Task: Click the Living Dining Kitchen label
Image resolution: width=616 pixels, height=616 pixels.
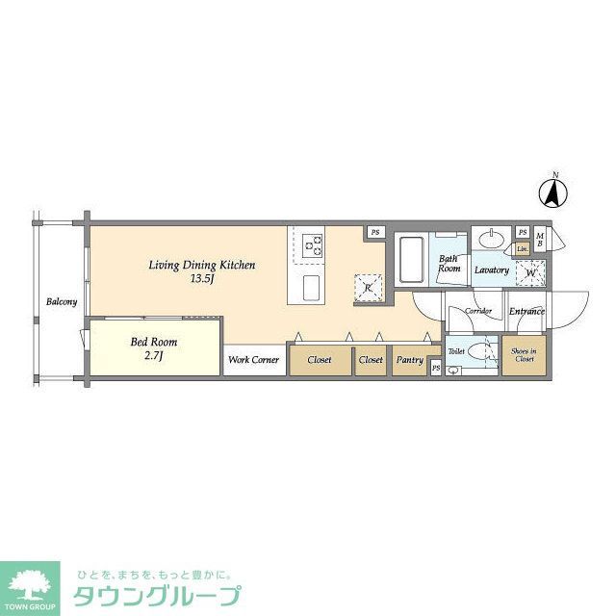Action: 201,265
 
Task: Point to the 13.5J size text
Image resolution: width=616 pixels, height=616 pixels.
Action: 201,280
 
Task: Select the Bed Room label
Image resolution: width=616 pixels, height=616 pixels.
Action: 154,342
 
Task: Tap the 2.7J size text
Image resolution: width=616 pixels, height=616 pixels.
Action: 154,357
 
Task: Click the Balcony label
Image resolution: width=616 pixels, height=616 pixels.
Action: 61,302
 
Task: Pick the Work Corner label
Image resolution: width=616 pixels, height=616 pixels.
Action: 254,361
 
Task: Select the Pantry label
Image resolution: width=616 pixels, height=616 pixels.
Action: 410,361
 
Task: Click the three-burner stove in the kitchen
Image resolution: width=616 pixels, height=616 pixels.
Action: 314,244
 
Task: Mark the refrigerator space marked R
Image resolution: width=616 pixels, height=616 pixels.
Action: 369,288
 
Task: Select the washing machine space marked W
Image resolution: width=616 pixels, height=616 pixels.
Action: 529,273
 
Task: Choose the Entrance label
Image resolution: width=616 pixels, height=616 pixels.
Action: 526,311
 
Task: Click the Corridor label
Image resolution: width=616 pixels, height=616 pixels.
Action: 478,312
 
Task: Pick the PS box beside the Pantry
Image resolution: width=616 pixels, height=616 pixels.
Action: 436,368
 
